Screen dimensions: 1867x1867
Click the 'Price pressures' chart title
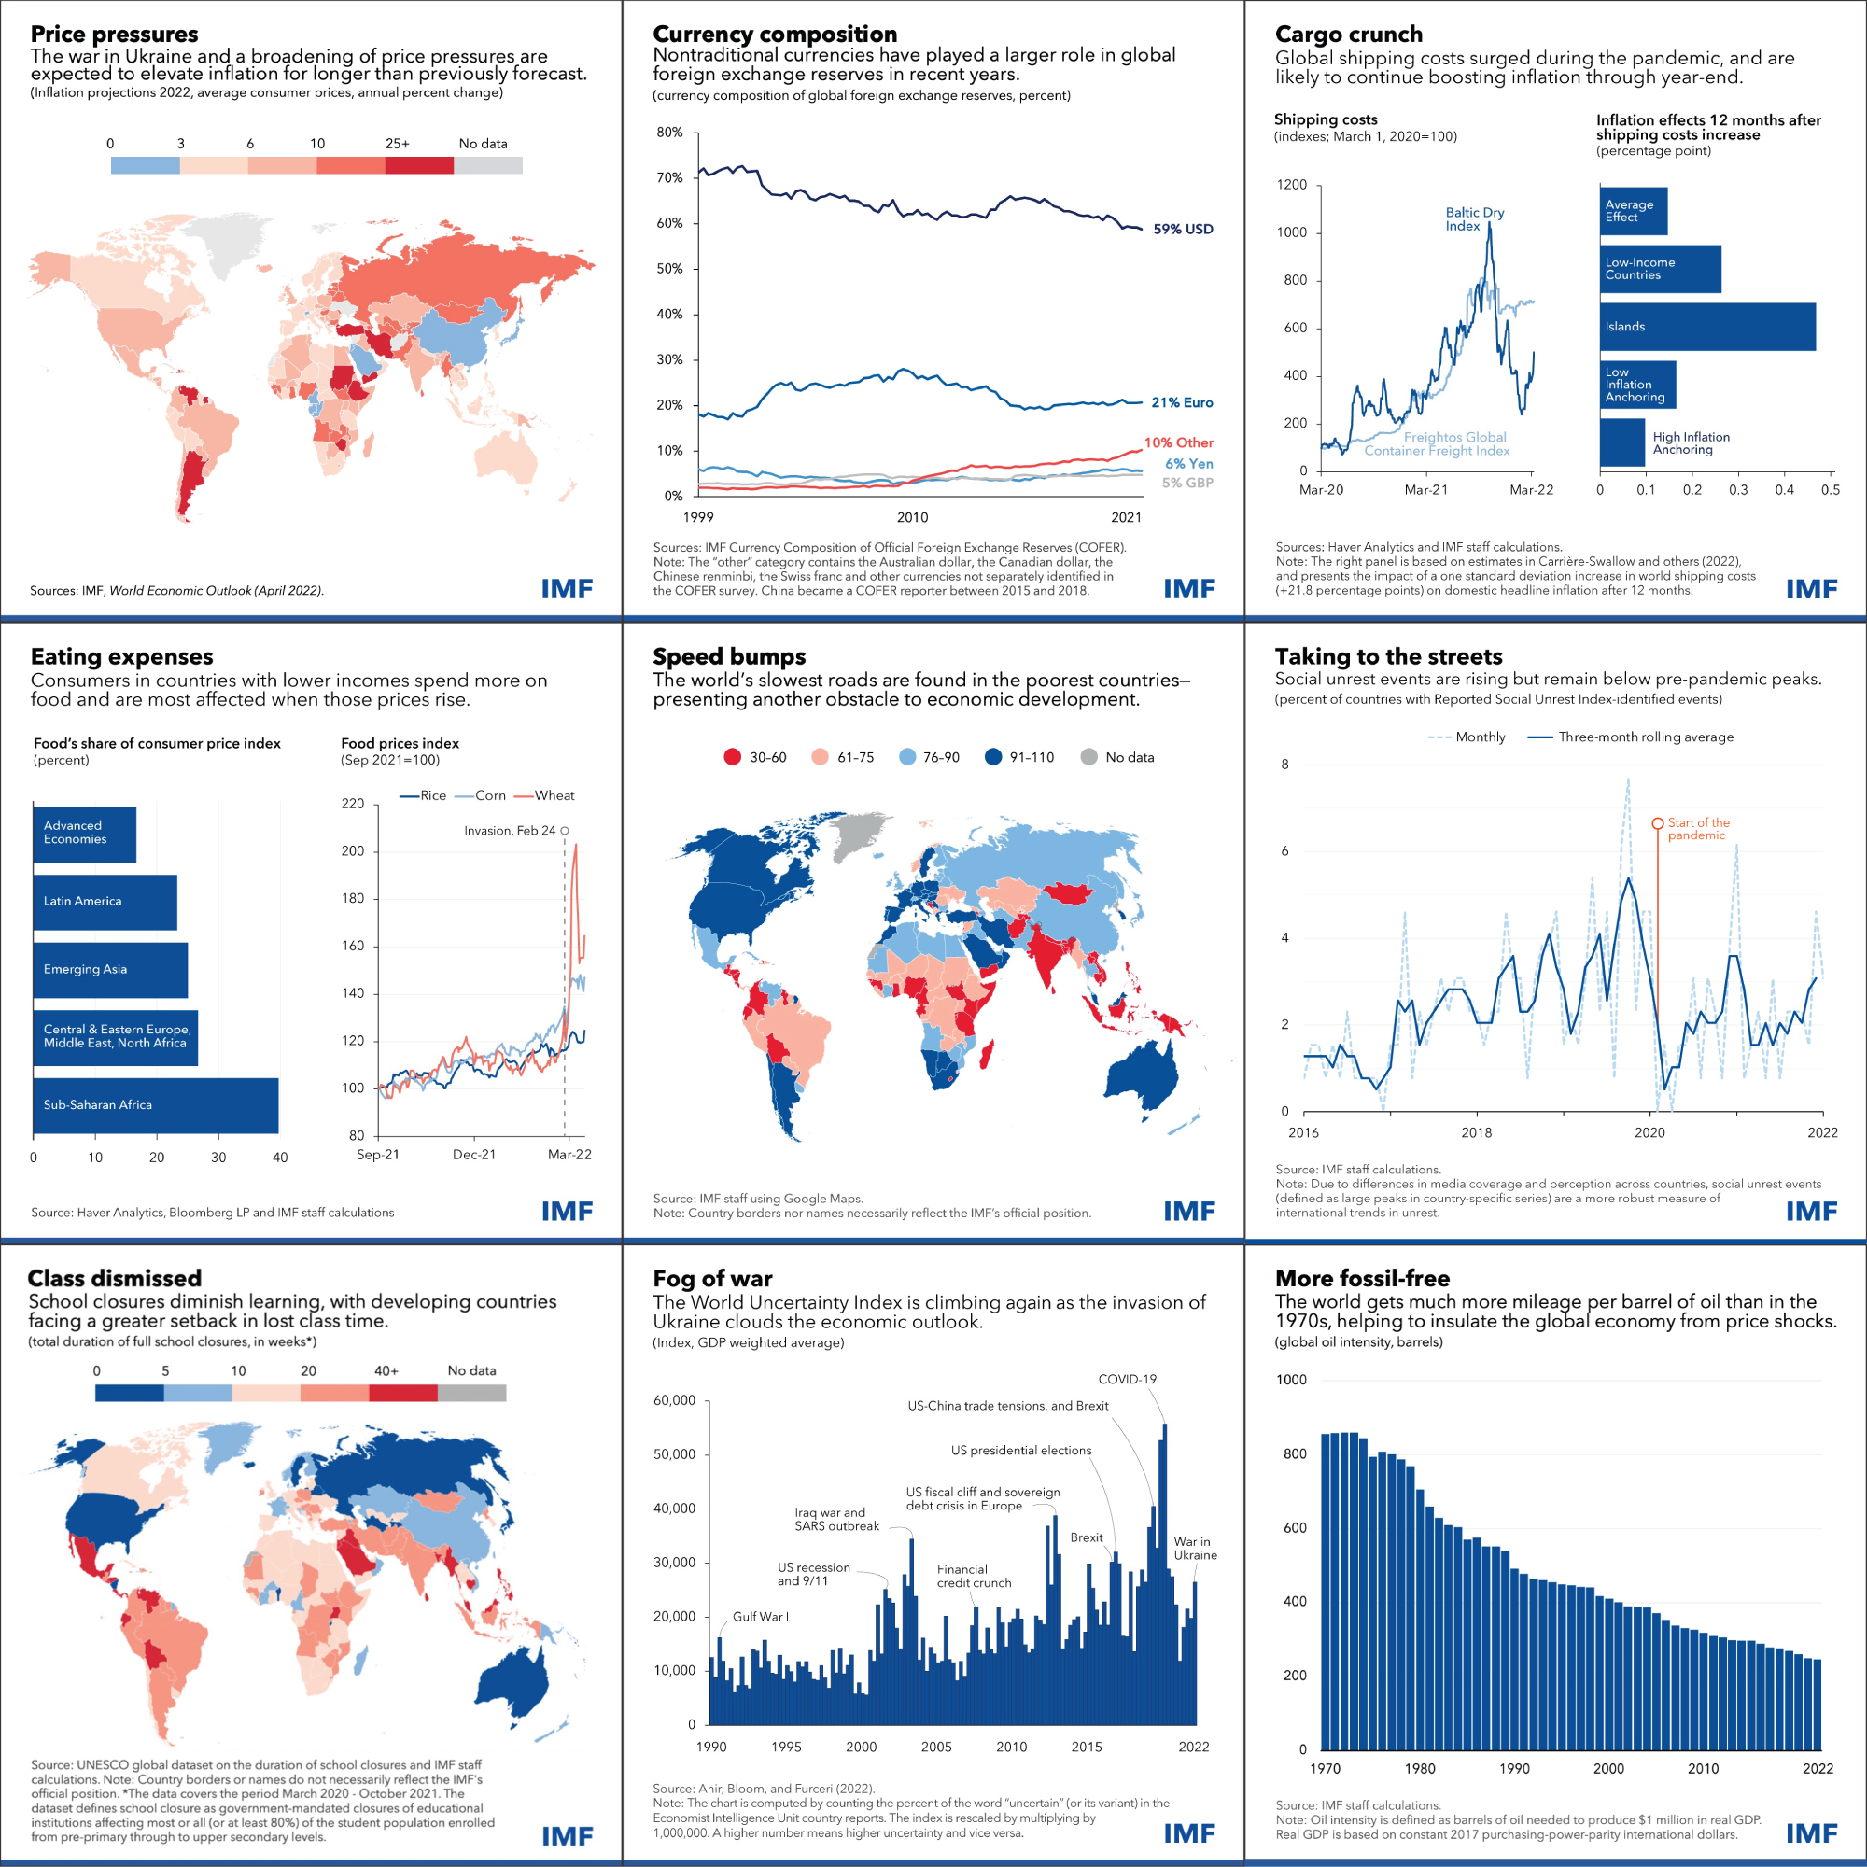(114, 34)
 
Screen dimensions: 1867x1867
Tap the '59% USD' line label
(1183, 229)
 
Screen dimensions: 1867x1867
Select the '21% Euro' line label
(1182, 402)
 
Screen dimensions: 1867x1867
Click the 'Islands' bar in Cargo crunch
(1707, 327)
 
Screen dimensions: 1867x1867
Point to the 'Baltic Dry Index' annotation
(1474, 218)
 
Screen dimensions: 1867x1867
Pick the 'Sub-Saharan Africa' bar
(156, 1104)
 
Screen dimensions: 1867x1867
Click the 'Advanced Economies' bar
(85, 833)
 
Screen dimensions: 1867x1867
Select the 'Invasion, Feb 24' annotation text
(510, 830)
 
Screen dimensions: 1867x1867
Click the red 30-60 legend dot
(733, 757)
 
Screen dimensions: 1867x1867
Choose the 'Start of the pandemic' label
(1698, 828)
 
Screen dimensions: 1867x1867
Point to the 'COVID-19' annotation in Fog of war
(1127, 1379)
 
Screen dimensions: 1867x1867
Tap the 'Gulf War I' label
(760, 1616)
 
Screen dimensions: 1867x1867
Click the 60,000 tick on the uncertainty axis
(674, 1399)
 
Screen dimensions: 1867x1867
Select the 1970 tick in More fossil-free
(1325, 1767)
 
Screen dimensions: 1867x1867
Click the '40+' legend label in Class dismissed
(386, 1370)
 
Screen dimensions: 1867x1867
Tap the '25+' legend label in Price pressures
(397, 143)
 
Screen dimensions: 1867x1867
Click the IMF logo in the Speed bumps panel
(1188, 1210)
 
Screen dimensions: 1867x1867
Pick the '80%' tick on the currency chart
(669, 133)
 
